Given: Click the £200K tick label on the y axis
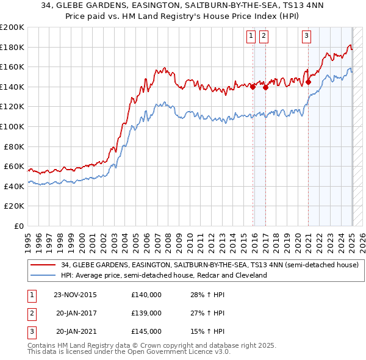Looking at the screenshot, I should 12,27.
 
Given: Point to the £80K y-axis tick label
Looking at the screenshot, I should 14,146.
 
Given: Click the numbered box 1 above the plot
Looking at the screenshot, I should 251,37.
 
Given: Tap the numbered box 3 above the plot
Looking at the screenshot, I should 306,37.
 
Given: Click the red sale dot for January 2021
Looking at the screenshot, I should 308,82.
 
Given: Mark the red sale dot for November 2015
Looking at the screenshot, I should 253,87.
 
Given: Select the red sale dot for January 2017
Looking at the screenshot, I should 265,87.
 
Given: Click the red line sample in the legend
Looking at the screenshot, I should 42,265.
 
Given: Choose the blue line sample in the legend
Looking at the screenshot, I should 42,275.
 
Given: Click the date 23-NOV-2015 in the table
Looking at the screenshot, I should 75,295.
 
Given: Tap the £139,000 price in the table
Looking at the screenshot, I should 146,313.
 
